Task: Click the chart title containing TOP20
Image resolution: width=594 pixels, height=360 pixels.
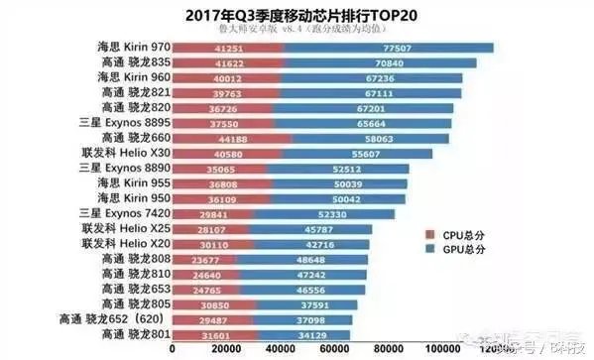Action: click(297, 16)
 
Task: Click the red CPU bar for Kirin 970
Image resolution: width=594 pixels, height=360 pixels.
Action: click(233, 47)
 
